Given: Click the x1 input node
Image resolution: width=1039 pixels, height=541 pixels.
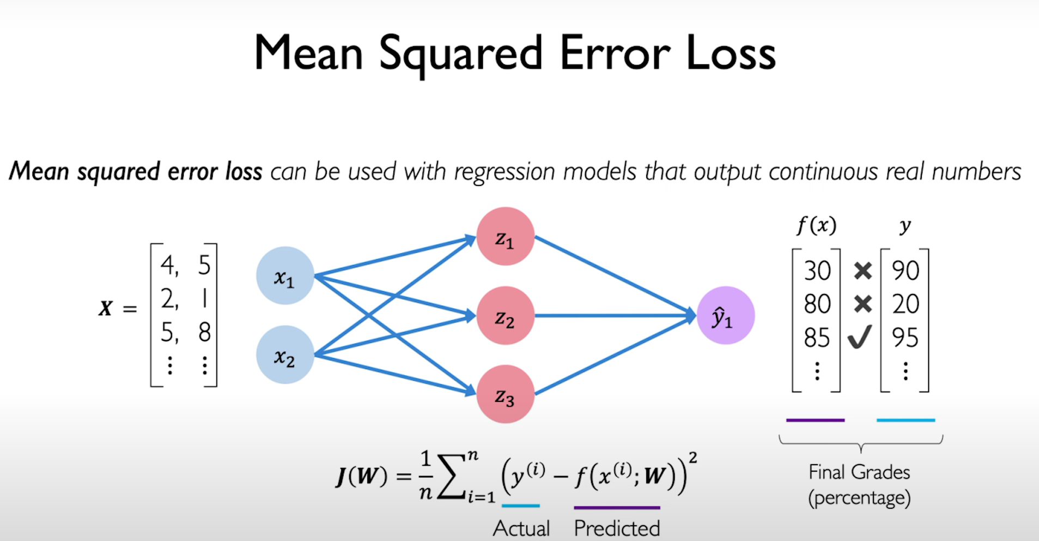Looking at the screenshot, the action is click(x=285, y=276).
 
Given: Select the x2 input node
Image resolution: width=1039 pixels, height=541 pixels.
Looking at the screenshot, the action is click(x=285, y=355).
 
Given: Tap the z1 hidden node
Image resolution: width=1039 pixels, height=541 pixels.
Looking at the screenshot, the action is click(x=505, y=237).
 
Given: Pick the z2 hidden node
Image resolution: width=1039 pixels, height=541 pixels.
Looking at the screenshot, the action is click(x=505, y=316).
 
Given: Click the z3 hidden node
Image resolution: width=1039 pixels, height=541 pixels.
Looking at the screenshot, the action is click(x=505, y=394).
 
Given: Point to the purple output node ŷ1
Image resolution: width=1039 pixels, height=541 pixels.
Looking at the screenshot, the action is click(x=725, y=316).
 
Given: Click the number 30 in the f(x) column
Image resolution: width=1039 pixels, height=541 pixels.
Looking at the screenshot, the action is click(x=817, y=270).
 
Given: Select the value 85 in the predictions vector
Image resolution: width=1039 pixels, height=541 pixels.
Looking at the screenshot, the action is click(x=817, y=338).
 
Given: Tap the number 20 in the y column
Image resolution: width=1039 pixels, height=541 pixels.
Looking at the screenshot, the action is click(x=905, y=304).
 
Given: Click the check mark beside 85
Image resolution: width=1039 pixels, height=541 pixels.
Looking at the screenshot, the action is click(x=860, y=336).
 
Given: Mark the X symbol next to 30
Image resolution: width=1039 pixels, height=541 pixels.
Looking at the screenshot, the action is click(x=862, y=270).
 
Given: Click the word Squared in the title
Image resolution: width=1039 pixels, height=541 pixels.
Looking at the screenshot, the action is click(x=460, y=54).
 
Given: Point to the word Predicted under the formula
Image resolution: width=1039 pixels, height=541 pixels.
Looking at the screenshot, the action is click(x=617, y=528).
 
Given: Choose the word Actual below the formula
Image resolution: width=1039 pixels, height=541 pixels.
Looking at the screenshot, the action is click(x=521, y=528).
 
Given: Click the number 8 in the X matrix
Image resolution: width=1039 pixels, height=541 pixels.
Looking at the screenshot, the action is click(x=204, y=332).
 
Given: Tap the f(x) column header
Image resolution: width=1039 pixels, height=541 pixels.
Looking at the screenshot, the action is click(x=816, y=225).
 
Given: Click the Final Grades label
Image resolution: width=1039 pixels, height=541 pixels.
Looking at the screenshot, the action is click(x=859, y=472).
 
